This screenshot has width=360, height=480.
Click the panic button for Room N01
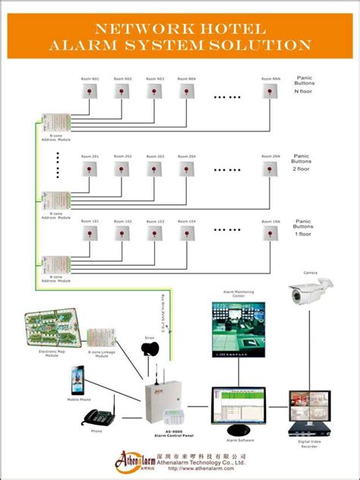point(90,92)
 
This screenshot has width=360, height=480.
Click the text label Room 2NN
point(270,156)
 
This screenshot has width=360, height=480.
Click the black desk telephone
point(96,417)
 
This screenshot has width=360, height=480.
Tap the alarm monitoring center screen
point(238,329)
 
